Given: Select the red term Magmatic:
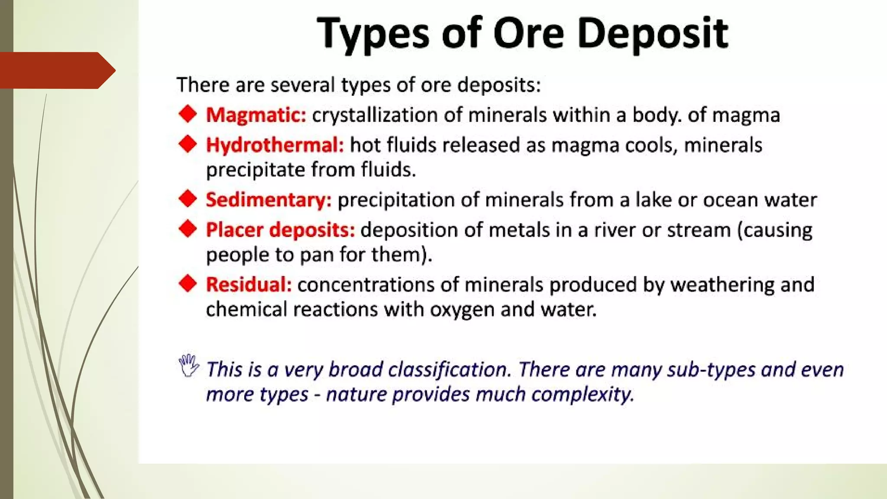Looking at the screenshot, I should point(256,115).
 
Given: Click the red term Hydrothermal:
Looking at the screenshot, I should point(275,145).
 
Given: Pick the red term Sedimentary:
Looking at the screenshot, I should point(269,200).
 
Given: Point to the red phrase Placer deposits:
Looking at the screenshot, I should point(280,230).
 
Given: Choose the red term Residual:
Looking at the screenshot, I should point(249,285).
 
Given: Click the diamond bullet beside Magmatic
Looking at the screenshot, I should point(188,114).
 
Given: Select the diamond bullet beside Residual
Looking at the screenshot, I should point(188,284).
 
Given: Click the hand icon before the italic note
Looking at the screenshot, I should point(188,366).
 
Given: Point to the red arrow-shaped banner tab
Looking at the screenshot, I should point(56,70).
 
